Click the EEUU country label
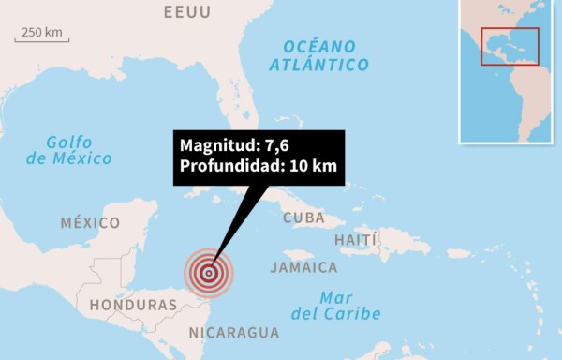(186, 12)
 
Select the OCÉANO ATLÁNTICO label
(318, 55)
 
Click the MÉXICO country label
(90, 223)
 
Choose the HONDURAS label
(133, 306)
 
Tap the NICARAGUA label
(233, 332)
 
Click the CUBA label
(303, 218)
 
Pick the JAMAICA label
(303, 267)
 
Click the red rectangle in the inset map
(510, 46)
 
